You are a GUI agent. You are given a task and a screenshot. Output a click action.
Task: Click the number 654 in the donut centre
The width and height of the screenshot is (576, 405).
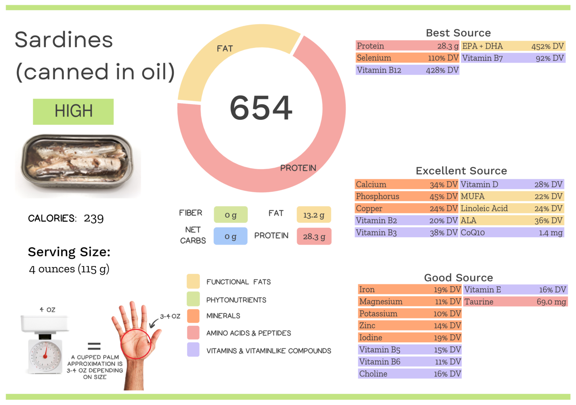[261, 108]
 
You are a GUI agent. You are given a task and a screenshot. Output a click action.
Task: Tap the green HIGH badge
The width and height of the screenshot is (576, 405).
[73, 111]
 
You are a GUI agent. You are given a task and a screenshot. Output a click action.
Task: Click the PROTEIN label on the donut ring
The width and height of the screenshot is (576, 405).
[298, 168]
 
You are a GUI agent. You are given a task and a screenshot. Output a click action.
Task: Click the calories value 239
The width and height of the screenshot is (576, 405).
[94, 218]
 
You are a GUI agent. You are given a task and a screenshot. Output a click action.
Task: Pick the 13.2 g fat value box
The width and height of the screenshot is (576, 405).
[314, 215]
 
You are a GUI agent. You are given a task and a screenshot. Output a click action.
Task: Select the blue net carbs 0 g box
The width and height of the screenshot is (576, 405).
[230, 236]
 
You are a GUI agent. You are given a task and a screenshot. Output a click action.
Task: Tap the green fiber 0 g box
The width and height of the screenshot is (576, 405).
[231, 215]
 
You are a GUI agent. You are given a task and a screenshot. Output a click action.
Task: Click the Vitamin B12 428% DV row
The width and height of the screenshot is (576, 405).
[407, 70]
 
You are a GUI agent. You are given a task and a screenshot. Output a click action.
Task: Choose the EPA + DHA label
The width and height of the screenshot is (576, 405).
[482, 46]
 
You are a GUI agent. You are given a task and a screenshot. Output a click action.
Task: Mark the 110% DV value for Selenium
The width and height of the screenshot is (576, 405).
[443, 58]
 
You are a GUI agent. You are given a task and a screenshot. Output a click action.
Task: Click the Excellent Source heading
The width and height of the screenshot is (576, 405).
[461, 171]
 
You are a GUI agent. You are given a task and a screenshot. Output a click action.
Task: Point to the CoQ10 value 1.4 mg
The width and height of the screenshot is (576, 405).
[550, 233]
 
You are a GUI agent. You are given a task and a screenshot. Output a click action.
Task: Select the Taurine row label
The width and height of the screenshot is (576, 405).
[479, 302]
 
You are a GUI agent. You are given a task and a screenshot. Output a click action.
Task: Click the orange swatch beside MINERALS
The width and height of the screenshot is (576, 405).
[193, 316]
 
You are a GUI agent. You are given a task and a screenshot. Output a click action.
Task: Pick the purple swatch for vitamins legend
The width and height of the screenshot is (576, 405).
[193, 350]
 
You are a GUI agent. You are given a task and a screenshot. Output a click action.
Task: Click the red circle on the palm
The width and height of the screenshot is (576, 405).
[135, 344]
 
